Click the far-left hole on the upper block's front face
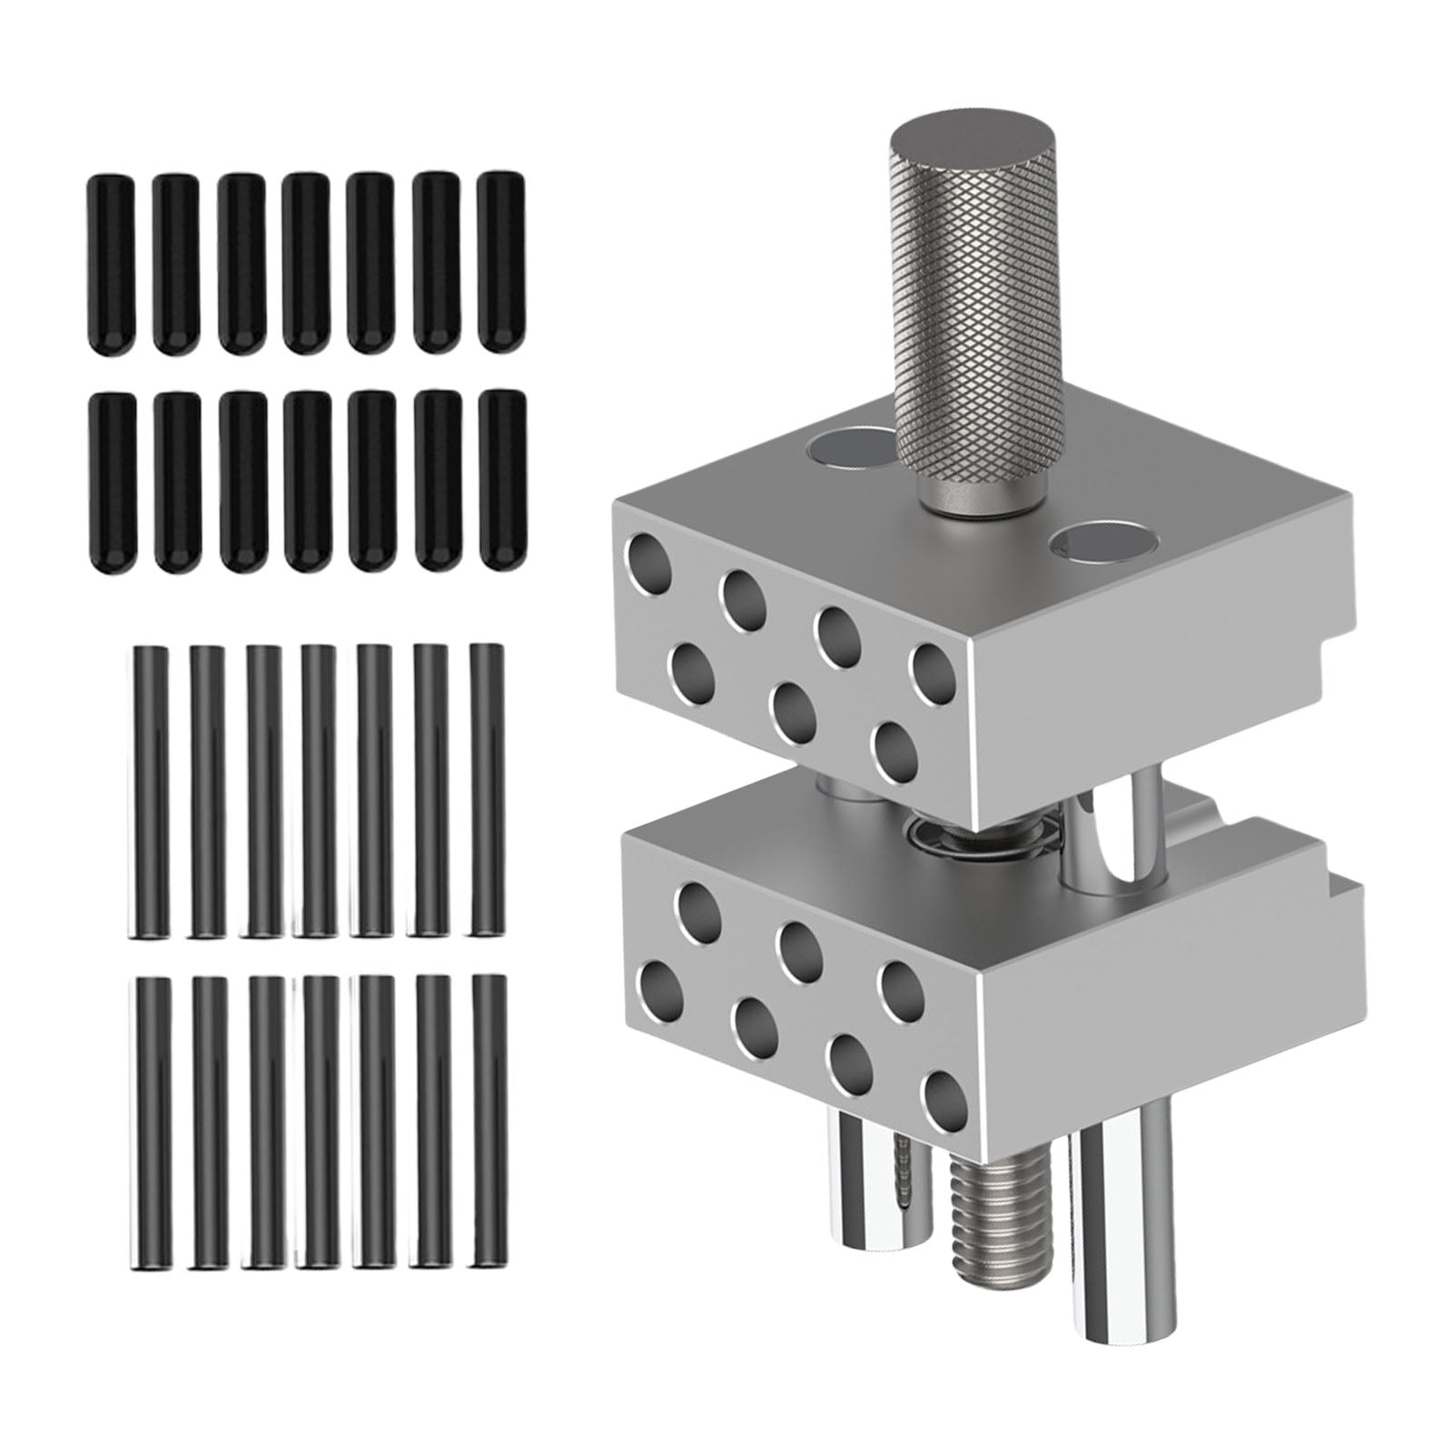point(651,562)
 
